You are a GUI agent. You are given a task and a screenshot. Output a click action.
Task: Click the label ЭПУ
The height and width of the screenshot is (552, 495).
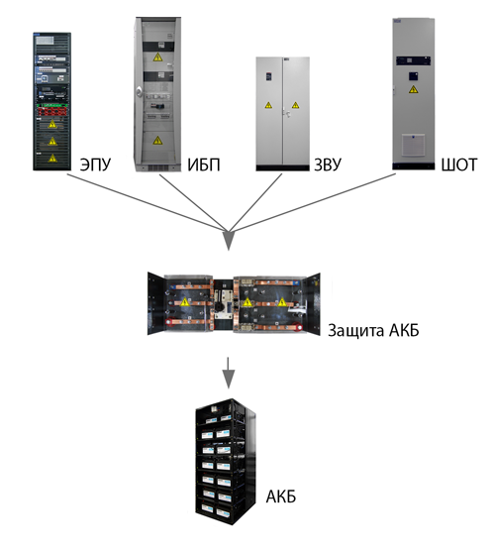tap(95, 165)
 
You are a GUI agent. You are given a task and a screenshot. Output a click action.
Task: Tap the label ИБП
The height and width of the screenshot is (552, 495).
tap(204, 165)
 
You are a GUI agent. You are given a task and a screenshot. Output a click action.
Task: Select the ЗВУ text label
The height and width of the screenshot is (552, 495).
tap(328, 165)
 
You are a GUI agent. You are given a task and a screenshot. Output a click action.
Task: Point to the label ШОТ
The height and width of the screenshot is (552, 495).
tap(459, 165)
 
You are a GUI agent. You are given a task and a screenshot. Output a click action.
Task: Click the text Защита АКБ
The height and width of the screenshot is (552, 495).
tap(373, 331)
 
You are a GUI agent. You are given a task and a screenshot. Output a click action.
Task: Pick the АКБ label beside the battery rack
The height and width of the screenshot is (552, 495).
tap(281, 497)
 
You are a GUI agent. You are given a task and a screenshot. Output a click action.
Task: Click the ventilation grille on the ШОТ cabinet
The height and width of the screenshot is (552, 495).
tap(413, 145)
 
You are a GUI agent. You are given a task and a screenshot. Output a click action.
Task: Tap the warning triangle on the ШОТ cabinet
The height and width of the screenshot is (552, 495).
tap(414, 89)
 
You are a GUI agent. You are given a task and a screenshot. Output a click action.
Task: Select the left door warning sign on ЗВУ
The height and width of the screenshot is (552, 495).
tap(268, 105)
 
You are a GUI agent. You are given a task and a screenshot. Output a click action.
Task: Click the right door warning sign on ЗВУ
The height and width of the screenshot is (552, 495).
tap(295, 105)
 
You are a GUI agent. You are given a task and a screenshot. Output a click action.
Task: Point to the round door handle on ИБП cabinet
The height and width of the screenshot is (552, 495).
tap(140, 92)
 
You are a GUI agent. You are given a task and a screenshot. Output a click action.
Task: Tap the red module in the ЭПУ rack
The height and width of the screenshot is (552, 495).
tap(52, 111)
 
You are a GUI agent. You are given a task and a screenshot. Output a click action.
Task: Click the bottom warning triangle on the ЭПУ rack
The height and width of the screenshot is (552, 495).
tap(52, 158)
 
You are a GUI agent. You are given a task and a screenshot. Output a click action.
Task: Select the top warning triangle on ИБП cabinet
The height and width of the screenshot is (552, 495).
tap(157, 57)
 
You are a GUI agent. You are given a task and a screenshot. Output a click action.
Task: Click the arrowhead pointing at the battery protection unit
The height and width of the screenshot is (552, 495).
tap(229, 240)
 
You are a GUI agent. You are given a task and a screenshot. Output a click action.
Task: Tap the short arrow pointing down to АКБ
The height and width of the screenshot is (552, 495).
tap(229, 373)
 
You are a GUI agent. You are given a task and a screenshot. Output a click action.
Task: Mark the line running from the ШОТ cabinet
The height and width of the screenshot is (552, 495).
tap(313, 203)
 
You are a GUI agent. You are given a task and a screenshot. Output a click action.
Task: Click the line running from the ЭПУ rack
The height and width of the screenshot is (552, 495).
tap(148, 203)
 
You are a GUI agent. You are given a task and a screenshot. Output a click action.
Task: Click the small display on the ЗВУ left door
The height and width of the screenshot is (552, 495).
tap(269, 76)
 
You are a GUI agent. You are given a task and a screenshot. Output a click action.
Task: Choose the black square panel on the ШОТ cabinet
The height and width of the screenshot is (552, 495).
tap(413, 76)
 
